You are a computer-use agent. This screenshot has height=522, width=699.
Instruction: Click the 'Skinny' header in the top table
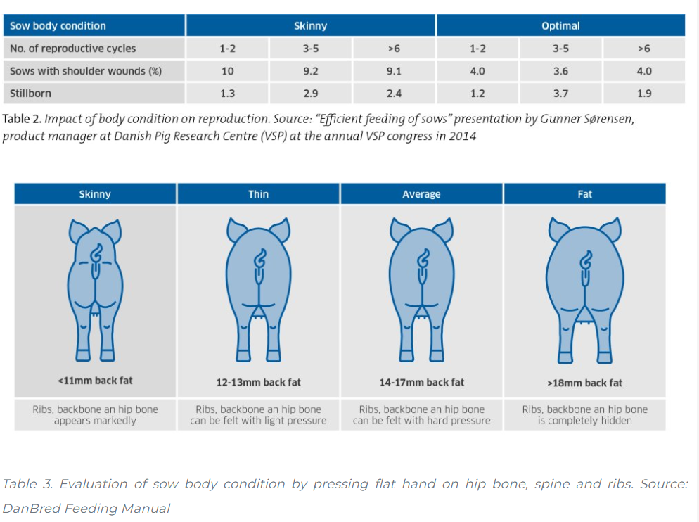click(x=311, y=26)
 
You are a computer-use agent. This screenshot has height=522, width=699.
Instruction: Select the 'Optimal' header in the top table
click(x=560, y=26)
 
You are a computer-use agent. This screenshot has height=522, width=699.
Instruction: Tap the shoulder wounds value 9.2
click(x=311, y=71)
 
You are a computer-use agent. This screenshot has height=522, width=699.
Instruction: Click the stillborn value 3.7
click(x=560, y=93)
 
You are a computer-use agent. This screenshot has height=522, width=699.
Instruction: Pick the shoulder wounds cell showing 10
click(x=227, y=71)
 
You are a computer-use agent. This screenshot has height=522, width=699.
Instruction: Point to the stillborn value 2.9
click(x=311, y=93)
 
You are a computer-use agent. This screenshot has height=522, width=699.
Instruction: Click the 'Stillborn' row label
click(x=31, y=93)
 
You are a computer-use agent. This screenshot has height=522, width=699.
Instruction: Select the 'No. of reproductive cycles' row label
click(x=73, y=49)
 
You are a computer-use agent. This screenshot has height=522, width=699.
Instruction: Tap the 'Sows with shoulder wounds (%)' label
click(x=86, y=71)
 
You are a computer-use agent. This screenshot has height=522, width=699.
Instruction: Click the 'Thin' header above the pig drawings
click(x=258, y=194)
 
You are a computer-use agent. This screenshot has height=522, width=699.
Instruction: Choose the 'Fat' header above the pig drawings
click(x=584, y=194)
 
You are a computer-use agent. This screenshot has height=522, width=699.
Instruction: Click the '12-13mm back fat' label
click(x=258, y=383)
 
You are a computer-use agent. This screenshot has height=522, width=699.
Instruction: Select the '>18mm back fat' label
click(x=584, y=383)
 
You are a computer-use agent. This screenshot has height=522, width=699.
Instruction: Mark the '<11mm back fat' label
click(x=95, y=381)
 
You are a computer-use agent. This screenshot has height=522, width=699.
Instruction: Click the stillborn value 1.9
click(x=643, y=93)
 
